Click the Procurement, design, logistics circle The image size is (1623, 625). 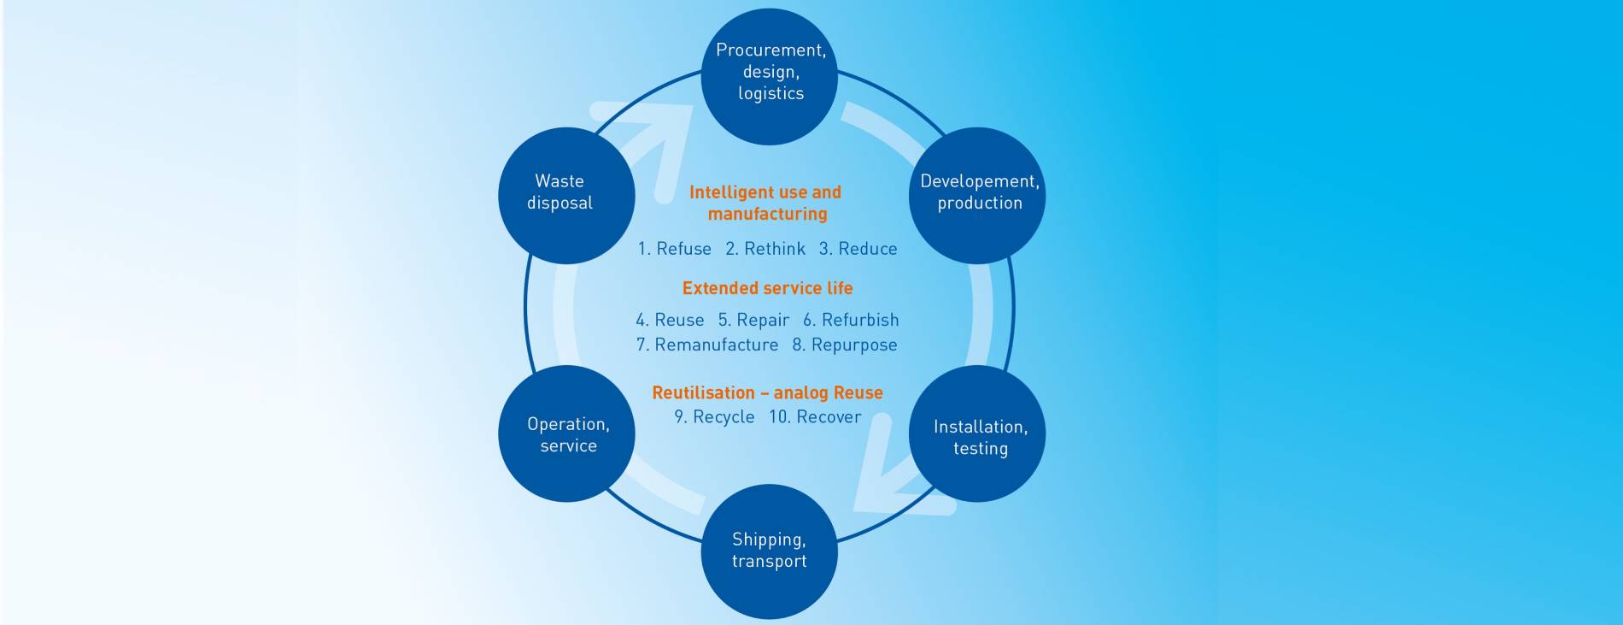pos(770,76)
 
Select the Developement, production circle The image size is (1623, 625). pos(977,195)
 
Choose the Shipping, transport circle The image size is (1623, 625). pos(769,551)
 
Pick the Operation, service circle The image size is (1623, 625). pos(566,433)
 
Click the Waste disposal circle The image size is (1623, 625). pos(566,195)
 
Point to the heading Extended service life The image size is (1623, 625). pos(767,288)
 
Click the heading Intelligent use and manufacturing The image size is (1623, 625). pos(766,203)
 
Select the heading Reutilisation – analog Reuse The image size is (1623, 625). pos(767,392)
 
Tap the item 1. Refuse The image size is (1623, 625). pos(674,249)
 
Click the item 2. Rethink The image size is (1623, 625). pos(765,249)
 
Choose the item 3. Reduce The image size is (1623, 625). pos(858,249)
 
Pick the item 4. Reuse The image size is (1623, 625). pos(670,320)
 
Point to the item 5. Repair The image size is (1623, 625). pos(753,320)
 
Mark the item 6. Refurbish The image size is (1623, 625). pos(851,320)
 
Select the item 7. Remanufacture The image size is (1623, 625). pos(707,345)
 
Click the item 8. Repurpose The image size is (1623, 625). pos(845,345)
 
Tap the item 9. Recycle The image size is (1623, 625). pos(714,416)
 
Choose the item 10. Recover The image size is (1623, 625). pos(815,416)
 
